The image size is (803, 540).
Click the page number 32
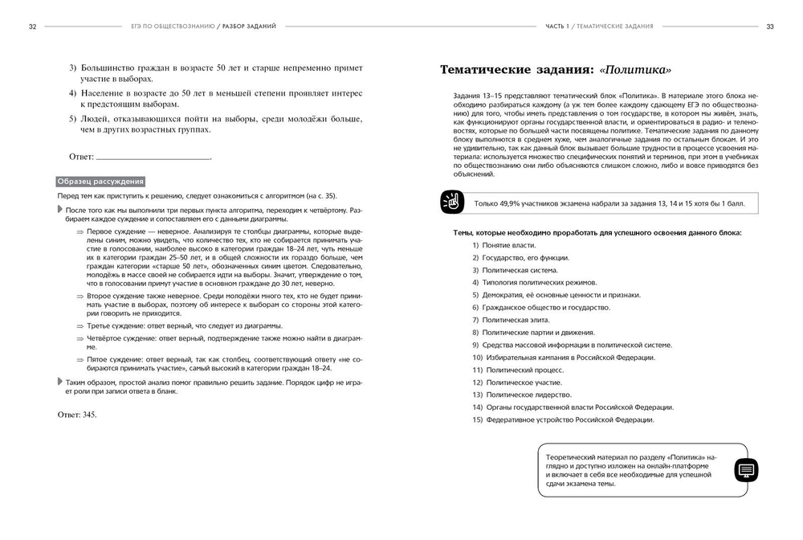32,27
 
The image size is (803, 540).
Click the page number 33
770,27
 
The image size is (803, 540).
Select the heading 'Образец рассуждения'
100,182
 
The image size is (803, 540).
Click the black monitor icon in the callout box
746,470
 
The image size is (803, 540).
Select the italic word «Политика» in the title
635,70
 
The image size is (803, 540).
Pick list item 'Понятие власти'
508,245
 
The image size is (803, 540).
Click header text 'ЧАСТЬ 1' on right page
560,27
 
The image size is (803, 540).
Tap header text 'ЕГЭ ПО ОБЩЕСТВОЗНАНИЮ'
172,27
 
